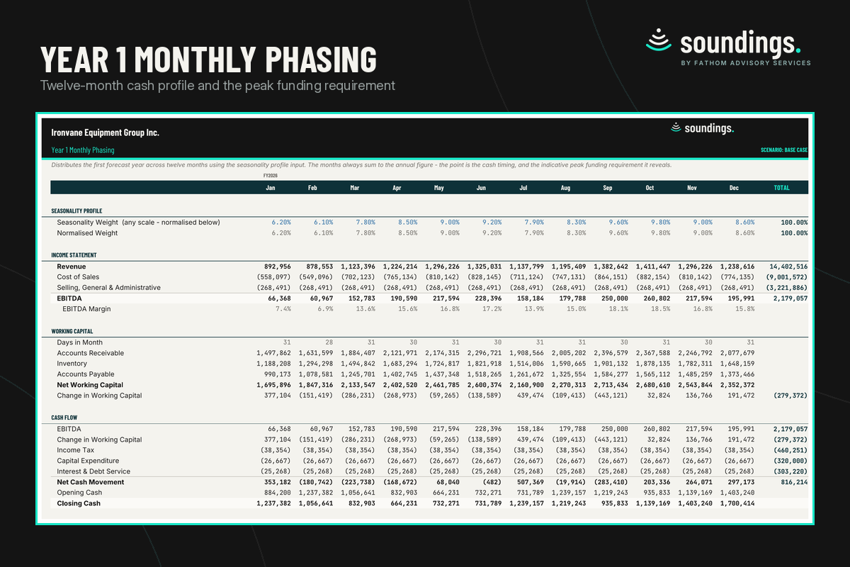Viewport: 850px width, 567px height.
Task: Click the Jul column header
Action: click(523, 188)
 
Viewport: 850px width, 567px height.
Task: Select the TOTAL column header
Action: click(781, 188)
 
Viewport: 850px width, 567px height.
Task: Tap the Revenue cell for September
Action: click(611, 266)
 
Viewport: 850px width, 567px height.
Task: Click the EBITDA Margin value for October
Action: click(661, 309)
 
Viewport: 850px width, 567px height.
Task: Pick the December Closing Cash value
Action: click(737, 504)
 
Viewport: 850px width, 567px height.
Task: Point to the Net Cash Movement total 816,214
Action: click(794, 483)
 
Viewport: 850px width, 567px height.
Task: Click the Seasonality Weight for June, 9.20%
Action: click(492, 223)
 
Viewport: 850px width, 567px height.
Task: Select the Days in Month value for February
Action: click(329, 342)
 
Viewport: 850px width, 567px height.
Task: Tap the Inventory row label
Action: click(72, 364)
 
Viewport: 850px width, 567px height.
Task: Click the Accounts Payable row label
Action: click(86, 374)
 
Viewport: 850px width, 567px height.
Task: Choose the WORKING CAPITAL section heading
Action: click(72, 331)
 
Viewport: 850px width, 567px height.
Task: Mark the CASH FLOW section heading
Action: click(64, 417)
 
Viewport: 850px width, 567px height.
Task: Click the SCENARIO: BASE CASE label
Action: click(784, 150)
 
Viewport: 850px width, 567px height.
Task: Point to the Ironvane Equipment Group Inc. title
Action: click(105, 133)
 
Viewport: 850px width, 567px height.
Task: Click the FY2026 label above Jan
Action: click(270, 176)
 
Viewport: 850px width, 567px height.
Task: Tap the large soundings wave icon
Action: click(658, 40)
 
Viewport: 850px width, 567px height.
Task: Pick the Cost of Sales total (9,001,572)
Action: click(787, 277)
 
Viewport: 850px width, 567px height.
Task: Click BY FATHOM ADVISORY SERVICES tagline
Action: click(746, 63)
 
